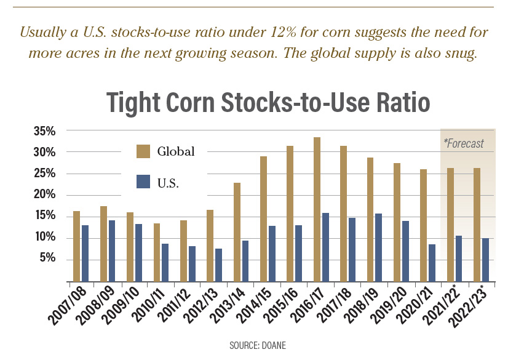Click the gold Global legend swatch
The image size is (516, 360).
[x=143, y=151]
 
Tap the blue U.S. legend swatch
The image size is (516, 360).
[x=143, y=182]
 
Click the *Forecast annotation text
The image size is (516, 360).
[x=464, y=143]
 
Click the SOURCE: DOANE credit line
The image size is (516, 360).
[x=257, y=346]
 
